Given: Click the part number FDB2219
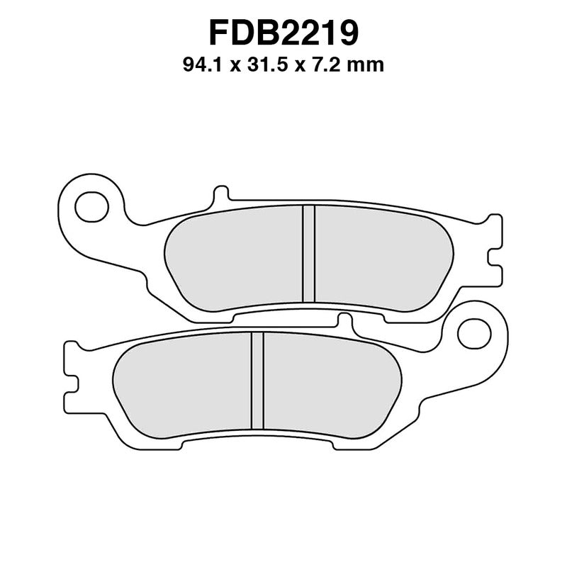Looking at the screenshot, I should pos(283,32).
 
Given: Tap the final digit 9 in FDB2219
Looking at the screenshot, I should pos(347,32).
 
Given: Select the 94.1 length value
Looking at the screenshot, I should pos(200,66).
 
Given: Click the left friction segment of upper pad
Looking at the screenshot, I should pos(234,259).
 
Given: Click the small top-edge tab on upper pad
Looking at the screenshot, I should pos(220,194).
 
